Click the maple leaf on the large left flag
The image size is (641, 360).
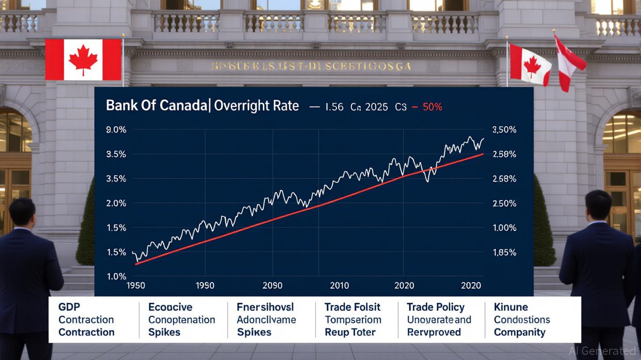[83, 60]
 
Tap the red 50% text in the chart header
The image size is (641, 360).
[432, 107]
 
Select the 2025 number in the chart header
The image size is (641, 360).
[377, 107]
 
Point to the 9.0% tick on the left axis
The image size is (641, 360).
[116, 130]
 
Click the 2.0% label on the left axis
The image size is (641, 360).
[116, 203]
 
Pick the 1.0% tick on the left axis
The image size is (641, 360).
[116, 277]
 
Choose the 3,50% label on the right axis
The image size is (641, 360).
[505, 130]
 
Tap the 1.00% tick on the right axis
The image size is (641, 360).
[505, 228]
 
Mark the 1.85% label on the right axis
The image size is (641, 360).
[505, 253]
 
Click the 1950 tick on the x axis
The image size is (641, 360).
[135, 285]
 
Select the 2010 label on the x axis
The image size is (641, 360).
[340, 285]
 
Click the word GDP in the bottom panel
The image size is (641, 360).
[69, 307]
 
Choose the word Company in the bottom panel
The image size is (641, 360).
[520, 332]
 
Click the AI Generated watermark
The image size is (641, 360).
[602, 351]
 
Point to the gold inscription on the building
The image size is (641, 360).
[311, 67]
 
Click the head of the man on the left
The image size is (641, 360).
[22, 212]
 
